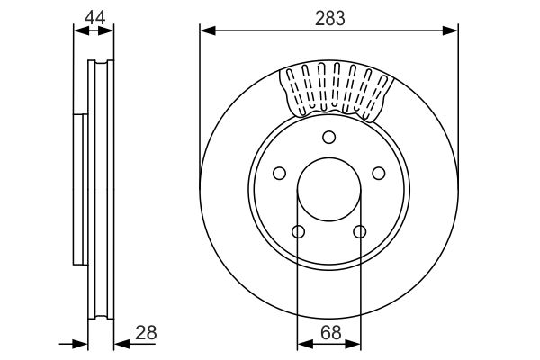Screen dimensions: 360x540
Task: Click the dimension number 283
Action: tap(328, 16)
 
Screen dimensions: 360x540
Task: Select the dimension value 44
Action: tap(94, 16)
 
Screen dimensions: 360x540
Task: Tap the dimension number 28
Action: tap(145, 332)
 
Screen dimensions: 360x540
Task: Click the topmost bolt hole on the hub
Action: tap(328, 137)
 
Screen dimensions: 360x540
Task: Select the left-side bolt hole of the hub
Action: tap(278, 173)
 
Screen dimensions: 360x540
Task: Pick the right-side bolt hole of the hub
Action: tap(379, 173)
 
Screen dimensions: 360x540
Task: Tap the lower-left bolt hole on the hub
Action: tap(298, 232)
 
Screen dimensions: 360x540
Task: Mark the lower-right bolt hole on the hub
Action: tap(359, 232)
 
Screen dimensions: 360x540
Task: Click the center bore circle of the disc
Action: tap(328, 190)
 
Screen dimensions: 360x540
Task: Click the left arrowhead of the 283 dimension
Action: tap(206, 31)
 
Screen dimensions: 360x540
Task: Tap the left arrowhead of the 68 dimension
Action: tap(303, 343)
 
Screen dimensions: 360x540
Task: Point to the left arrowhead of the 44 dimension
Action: tap(79, 31)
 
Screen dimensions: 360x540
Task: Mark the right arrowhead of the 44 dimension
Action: tap(108, 31)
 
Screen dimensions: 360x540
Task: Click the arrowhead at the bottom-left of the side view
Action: tap(82, 343)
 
